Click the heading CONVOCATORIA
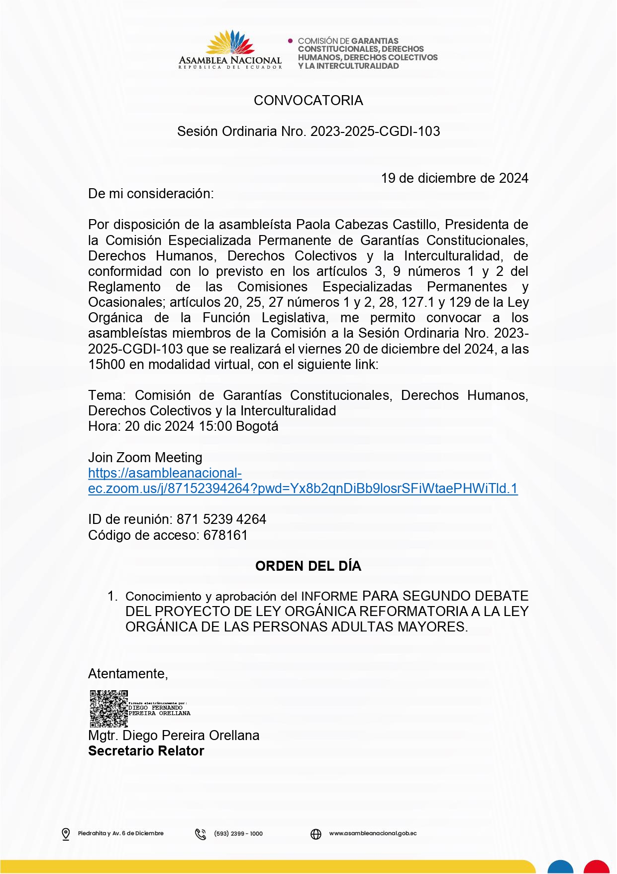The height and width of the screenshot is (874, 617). click(308, 101)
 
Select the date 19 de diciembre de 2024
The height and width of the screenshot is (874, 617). click(454, 178)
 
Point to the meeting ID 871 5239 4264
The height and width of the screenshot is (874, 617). click(221, 519)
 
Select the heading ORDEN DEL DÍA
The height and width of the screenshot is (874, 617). click(308, 566)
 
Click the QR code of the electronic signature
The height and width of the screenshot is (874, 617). click(108, 709)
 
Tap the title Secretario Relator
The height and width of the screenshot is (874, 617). click(146, 751)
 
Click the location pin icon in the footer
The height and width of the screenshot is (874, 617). click(66, 834)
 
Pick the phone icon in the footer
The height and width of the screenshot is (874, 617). click(201, 834)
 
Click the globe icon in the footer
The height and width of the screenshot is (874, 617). click(316, 834)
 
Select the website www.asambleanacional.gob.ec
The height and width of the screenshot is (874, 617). click(373, 833)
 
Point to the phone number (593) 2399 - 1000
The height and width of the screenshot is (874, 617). click(238, 834)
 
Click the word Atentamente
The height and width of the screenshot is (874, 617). click(128, 674)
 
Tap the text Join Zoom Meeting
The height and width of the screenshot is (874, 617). click(145, 458)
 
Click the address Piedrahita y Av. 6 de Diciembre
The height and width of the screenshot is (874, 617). click(120, 833)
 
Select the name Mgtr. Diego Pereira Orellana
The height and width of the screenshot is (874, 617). click(174, 736)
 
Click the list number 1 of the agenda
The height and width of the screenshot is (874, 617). click(112, 596)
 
